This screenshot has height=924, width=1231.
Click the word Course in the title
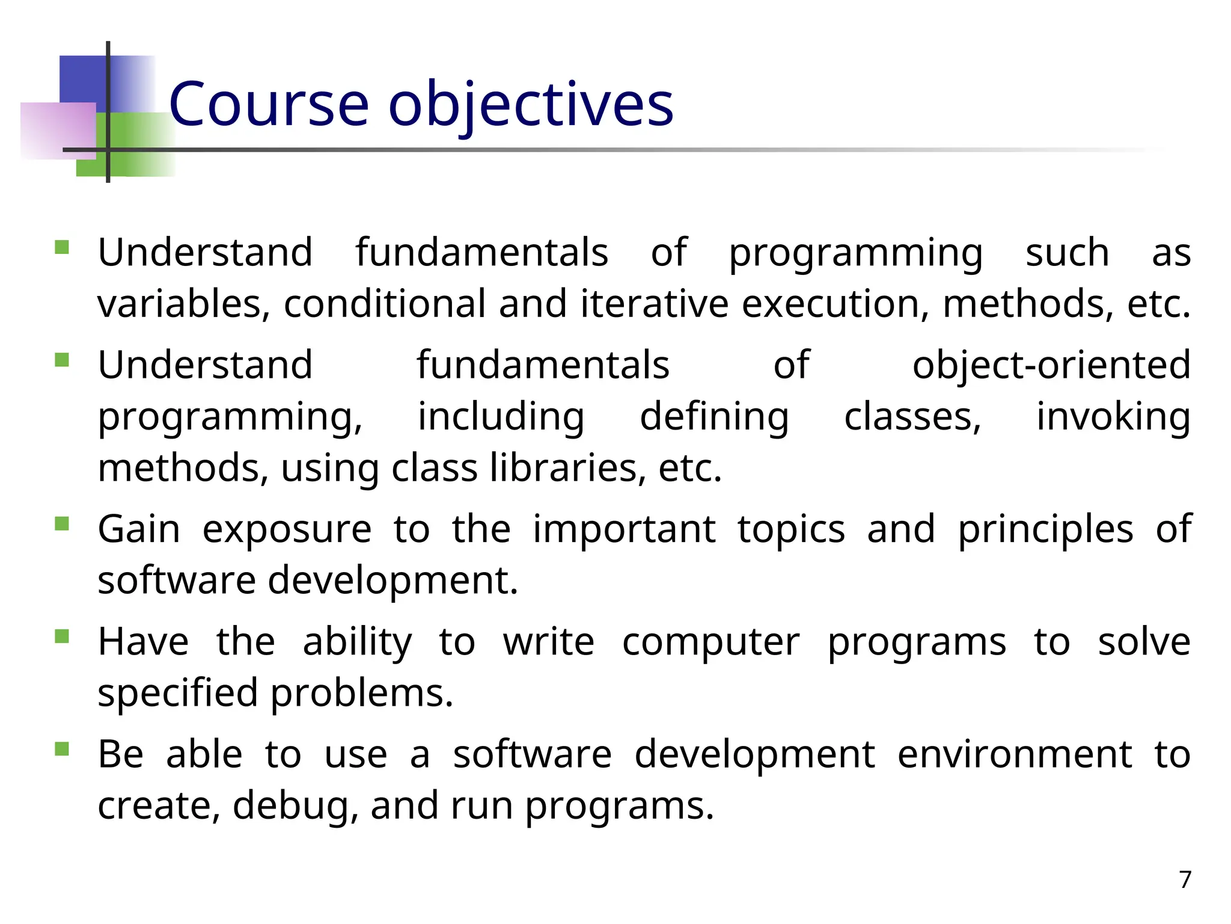269,105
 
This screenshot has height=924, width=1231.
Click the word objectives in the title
531,106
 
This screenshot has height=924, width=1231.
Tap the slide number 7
1185,879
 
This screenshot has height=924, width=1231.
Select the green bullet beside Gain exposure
62,523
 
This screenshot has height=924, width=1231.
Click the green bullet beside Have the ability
62,636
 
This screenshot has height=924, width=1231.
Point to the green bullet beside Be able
62,748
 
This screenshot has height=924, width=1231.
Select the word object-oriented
1051,365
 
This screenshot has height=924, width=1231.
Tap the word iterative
654,303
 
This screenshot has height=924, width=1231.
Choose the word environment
1015,754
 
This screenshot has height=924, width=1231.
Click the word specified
177,694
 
